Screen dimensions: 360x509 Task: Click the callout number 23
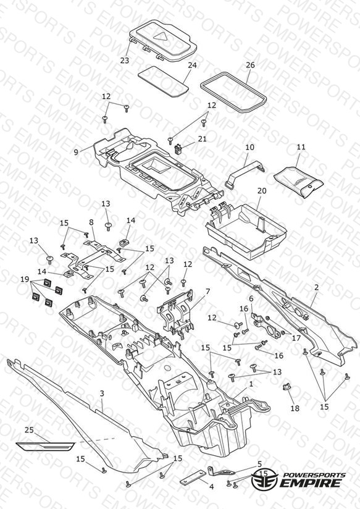click(124, 61)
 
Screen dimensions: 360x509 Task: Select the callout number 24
click(192, 65)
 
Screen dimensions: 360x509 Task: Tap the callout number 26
click(250, 65)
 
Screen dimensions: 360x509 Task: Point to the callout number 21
click(203, 138)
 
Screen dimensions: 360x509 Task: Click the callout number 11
click(301, 147)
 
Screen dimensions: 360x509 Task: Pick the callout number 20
click(262, 190)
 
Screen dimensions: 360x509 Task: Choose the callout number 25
click(29, 429)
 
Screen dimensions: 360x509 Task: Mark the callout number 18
click(295, 408)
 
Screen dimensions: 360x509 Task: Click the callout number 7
click(207, 291)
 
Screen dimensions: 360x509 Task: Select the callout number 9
click(76, 152)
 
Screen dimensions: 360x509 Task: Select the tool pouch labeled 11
click(299, 182)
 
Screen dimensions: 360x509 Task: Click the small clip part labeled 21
click(178, 149)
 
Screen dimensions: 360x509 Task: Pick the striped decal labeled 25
click(46, 447)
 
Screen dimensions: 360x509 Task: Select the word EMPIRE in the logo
click(311, 482)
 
